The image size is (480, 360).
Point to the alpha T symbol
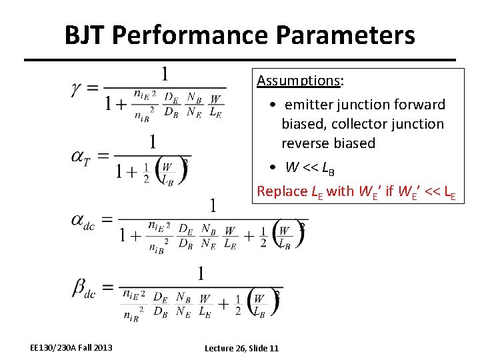tap(81, 157)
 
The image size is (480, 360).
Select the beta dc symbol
tap(84, 288)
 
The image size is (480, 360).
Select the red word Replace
tap(282, 191)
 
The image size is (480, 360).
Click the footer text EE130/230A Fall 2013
tap(71, 347)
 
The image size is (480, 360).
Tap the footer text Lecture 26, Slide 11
tap(241, 348)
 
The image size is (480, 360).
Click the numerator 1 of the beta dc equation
tap(201, 273)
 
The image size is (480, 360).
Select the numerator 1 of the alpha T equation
tap(153, 141)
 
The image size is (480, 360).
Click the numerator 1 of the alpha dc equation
tap(213, 205)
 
